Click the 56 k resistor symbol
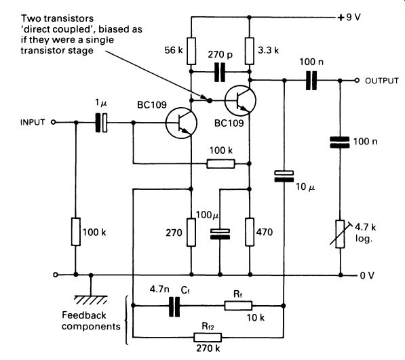pyautogui.click(x=191, y=51)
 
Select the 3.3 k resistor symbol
pyautogui.click(x=249, y=51)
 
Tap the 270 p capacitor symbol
pyautogui.click(x=220, y=72)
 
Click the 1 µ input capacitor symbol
pyautogui.click(x=101, y=123)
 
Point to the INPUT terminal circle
pyautogui.click(x=53, y=122)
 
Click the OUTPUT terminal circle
pyautogui.click(x=357, y=81)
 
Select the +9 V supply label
pyautogui.click(x=349, y=18)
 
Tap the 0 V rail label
pyautogui.click(x=367, y=276)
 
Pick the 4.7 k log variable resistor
pyautogui.click(x=340, y=234)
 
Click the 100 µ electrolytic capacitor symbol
pyautogui.click(x=220, y=234)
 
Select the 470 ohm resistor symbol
pyautogui.click(x=250, y=232)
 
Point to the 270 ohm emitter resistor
pyautogui.click(x=191, y=232)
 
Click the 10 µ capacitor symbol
pyautogui.click(x=284, y=176)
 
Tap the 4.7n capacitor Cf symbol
pyautogui.click(x=174, y=306)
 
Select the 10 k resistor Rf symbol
pyautogui.click(x=238, y=306)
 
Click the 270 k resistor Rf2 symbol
pyautogui.click(x=208, y=338)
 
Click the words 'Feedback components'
pyautogui.click(x=91, y=321)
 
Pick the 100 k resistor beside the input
pyautogui.click(x=76, y=232)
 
